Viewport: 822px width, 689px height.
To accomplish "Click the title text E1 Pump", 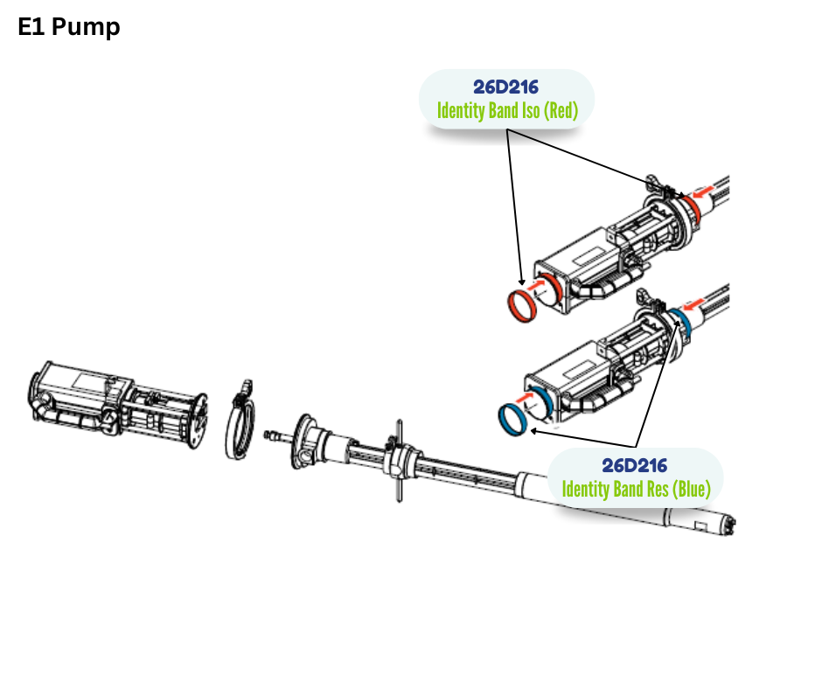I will point(69,27).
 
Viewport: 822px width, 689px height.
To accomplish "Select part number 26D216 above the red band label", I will point(506,87).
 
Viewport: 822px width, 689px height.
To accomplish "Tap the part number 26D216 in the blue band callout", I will point(635,464).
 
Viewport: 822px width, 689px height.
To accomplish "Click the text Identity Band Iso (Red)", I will point(506,111).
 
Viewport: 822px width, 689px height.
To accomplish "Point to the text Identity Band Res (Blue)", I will point(636,488).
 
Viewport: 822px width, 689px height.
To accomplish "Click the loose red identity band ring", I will point(523,305).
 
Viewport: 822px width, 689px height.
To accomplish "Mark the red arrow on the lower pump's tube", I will point(695,304).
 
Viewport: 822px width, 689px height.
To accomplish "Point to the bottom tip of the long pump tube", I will point(728,524).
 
